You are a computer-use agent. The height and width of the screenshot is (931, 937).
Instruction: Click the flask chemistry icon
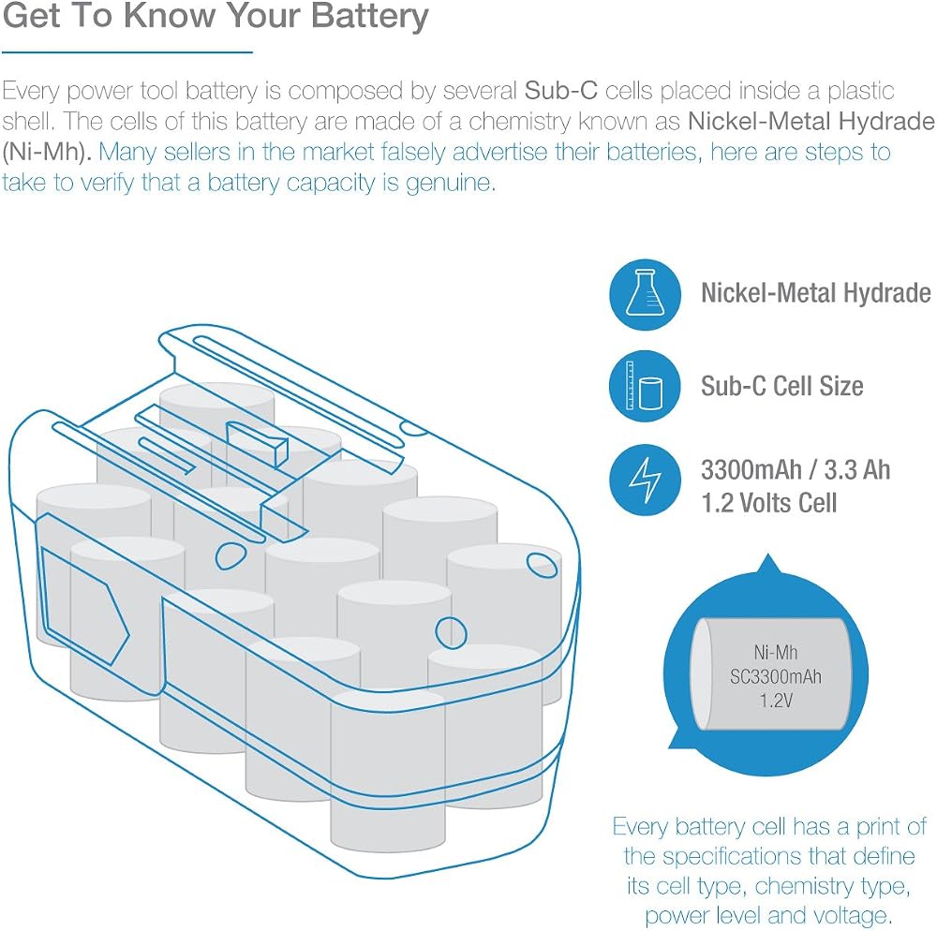pyautogui.click(x=645, y=294)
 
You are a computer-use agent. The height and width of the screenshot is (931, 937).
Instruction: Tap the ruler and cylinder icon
pyautogui.click(x=645, y=387)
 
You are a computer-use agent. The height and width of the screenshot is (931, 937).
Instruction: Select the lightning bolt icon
pyautogui.click(x=645, y=480)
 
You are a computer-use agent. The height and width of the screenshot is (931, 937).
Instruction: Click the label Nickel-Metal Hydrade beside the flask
pyautogui.click(x=816, y=293)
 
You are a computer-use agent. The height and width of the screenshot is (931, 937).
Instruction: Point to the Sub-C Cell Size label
pyautogui.click(x=781, y=386)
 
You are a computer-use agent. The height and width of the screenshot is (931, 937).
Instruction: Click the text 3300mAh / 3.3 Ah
pyautogui.click(x=796, y=470)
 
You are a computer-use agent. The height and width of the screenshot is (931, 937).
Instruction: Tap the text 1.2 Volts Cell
pyautogui.click(x=768, y=503)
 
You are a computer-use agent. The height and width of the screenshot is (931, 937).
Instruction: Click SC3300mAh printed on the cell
pyautogui.click(x=776, y=676)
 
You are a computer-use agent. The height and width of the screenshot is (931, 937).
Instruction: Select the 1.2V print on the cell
pyautogui.click(x=776, y=700)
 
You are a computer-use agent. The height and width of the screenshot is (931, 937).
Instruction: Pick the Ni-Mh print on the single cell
pyautogui.click(x=776, y=652)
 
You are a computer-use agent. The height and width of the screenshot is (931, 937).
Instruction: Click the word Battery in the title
pyautogui.click(x=370, y=17)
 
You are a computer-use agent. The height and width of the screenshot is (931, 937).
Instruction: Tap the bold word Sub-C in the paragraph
pyautogui.click(x=561, y=91)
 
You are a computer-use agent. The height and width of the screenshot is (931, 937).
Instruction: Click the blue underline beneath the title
pyautogui.click(x=127, y=52)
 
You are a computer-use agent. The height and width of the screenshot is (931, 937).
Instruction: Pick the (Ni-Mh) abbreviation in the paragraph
pyautogui.click(x=47, y=153)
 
